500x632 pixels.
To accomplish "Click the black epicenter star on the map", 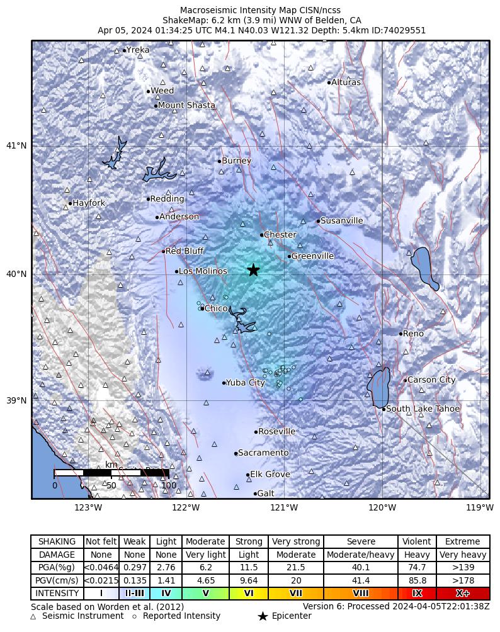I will click(x=253, y=270).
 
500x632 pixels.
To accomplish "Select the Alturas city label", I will click(x=346, y=82).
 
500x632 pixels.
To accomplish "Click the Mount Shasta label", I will click(x=186, y=106).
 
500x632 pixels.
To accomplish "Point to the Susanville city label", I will click(x=341, y=221).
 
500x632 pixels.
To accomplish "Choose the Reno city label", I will click(x=413, y=334).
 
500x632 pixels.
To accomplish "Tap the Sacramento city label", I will click(x=263, y=453).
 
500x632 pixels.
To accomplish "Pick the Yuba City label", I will click(x=245, y=383).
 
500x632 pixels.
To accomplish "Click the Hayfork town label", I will click(x=89, y=203).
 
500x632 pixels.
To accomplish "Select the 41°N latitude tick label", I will click(x=16, y=146).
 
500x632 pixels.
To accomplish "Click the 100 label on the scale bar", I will click(x=169, y=485).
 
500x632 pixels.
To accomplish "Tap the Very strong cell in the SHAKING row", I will click(x=296, y=542).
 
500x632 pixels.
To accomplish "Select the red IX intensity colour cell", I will click(x=416, y=594).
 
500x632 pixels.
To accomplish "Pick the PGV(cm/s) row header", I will click(x=57, y=580).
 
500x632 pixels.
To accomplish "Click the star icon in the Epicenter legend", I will click(x=263, y=616).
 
